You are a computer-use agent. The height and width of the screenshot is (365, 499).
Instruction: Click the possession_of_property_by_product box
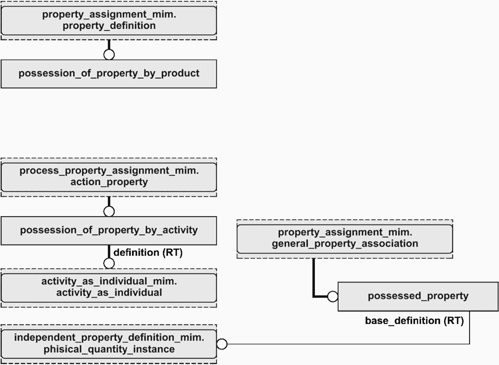pos(109,74)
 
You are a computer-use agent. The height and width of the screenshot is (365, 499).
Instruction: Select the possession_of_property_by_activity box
pos(109,231)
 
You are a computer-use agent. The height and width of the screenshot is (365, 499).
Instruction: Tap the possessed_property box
pos(418,296)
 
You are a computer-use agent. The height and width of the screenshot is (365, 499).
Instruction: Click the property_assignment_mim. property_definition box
pos(109,20)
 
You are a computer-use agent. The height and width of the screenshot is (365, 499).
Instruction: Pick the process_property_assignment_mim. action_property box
pos(109,177)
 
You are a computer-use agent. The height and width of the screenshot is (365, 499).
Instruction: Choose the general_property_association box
pos(345,239)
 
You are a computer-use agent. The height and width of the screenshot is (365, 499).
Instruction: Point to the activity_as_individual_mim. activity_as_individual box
pos(109,288)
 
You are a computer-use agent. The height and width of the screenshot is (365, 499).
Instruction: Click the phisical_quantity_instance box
pos(109,344)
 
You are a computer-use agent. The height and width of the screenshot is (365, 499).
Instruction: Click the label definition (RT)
pos(148,252)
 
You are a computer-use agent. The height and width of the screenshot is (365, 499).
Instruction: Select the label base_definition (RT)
pos(414,321)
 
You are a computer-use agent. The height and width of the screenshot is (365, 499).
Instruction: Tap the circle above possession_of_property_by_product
pos(109,55)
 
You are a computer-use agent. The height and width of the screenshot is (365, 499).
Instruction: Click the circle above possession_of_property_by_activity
pos(109,211)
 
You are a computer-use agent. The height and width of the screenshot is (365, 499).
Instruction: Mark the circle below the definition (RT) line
pos(109,263)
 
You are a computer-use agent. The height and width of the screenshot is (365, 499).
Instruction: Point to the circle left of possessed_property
pos(333,296)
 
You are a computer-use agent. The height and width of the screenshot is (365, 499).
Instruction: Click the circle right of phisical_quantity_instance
pos(222,344)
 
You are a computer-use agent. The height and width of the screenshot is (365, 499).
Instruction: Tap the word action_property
pos(109,182)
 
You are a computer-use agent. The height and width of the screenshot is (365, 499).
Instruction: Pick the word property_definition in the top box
pos(109,26)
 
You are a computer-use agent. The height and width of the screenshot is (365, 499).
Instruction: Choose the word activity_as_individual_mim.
pos(109,281)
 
